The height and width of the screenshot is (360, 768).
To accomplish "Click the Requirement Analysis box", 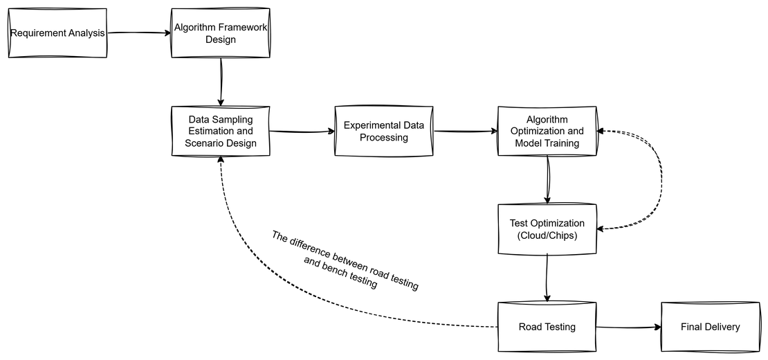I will pyautogui.click(x=57, y=33).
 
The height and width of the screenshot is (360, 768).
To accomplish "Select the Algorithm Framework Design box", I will pyautogui.click(x=220, y=33).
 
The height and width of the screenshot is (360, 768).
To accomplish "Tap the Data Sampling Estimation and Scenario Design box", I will pyautogui.click(x=220, y=131).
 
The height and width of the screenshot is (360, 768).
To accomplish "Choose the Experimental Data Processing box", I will pyautogui.click(x=384, y=132).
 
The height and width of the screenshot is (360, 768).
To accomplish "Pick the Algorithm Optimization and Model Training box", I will pyautogui.click(x=547, y=131).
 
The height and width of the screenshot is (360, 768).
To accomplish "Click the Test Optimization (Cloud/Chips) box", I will pyautogui.click(x=547, y=229).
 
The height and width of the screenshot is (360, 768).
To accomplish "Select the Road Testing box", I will pyautogui.click(x=547, y=327).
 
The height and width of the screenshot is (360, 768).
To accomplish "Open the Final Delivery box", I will pyautogui.click(x=710, y=327).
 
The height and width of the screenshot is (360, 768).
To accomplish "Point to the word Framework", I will pyautogui.click(x=242, y=27).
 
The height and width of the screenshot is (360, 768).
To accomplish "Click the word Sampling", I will pyautogui.click(x=235, y=119).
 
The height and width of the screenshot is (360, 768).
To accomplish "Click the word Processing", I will pyautogui.click(x=384, y=138).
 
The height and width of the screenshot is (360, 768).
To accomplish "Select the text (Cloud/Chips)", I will pyautogui.click(x=547, y=235).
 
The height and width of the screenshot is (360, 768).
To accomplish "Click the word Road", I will pyautogui.click(x=530, y=327).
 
